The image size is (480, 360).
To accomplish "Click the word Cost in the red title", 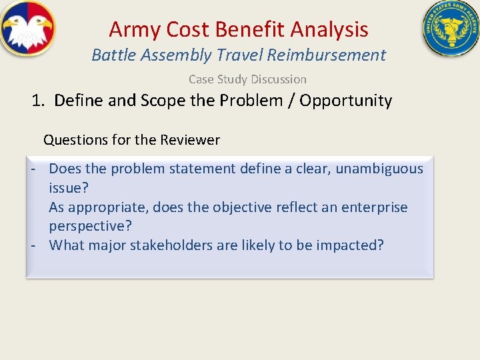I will coord(189,29).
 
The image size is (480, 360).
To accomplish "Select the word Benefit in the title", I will coord(251,29).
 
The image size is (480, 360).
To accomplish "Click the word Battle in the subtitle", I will coord(113,55).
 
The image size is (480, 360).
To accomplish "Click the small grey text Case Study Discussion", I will coord(247,79).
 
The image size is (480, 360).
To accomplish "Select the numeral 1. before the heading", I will coord(39,101).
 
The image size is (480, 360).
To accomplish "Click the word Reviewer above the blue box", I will coord(189,140).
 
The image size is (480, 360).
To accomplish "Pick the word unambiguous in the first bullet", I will coord(379,169).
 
